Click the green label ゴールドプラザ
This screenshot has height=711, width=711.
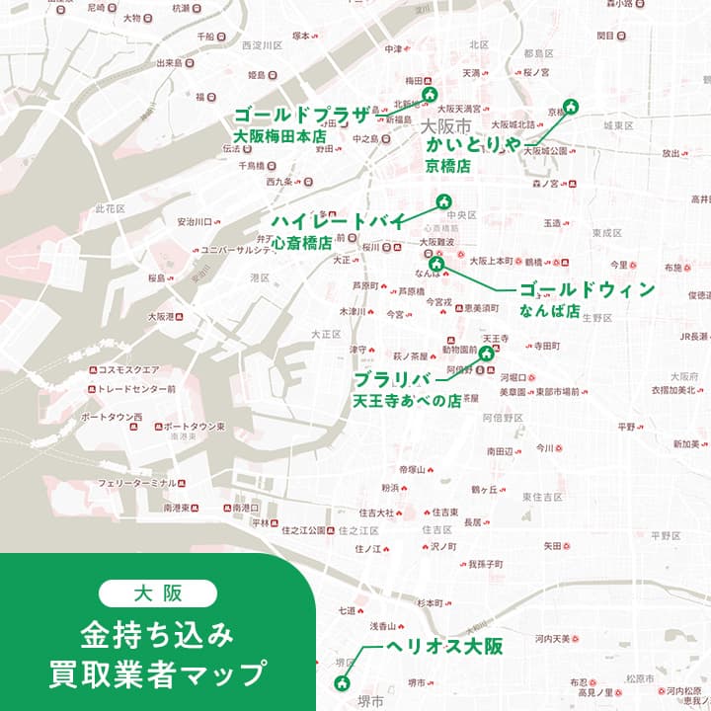[300, 113]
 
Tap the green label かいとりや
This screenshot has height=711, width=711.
[473, 145]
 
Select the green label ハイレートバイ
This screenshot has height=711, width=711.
[338, 220]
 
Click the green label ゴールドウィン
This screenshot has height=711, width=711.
[587, 289]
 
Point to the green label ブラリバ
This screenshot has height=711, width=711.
[394, 381]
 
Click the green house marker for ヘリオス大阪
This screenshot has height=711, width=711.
[343, 682]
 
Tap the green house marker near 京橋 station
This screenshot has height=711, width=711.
[570, 107]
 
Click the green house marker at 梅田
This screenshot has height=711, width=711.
[430, 95]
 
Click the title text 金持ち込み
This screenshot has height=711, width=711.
[158, 634]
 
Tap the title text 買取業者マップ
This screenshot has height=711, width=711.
[158, 674]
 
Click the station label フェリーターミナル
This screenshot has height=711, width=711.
[136, 483]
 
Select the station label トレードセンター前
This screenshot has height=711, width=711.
[136, 389]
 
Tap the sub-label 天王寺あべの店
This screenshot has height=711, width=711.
[407, 402]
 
